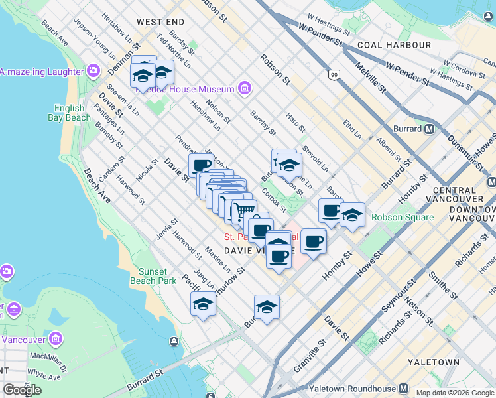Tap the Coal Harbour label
[x=394, y=45]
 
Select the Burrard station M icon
[x=430, y=129]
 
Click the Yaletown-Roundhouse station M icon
[x=403, y=388]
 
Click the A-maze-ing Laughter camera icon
[x=93, y=70]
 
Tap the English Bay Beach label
[x=69, y=113]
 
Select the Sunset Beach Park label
[x=157, y=276]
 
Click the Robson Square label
[x=402, y=217]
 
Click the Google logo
[x=22, y=390]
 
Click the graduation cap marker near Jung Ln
[x=203, y=304]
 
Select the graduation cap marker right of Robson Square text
[x=353, y=214]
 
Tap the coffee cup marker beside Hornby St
[x=314, y=241]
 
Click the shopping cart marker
[x=243, y=211]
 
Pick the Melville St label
[x=370, y=78]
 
